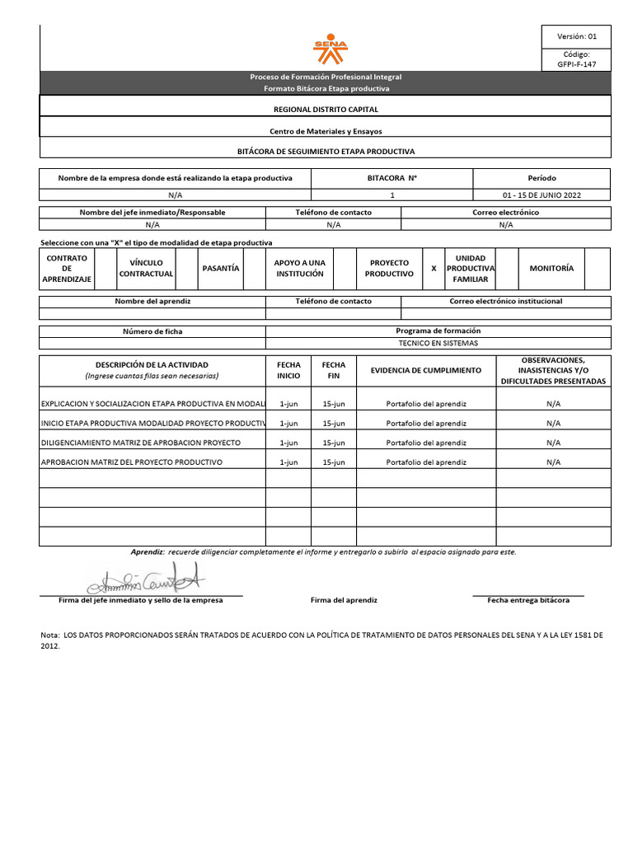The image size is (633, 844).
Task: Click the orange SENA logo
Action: coord(330,49)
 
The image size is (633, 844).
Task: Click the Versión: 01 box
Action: coord(576,36)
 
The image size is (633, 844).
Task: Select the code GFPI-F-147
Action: coord(576,64)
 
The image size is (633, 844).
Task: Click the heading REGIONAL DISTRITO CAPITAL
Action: coord(326,109)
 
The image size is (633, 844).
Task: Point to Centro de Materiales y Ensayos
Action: coord(326,131)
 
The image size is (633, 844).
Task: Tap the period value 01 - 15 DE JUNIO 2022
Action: coord(542,195)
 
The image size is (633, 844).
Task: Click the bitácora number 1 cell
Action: coord(392,195)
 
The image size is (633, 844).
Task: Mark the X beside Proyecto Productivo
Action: coord(434,269)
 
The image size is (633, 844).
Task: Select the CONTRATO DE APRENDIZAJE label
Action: coord(67,269)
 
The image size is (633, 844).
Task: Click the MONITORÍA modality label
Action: coord(551,269)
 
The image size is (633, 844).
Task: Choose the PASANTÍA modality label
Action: coord(220,269)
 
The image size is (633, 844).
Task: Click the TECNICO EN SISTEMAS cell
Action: coord(438,343)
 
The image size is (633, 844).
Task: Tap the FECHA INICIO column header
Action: coord(288,370)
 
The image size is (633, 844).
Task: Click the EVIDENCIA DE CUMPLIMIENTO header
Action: coord(426,370)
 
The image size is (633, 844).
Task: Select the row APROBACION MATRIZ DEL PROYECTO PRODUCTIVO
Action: coord(132,462)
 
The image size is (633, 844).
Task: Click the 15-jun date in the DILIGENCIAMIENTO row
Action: coord(334,443)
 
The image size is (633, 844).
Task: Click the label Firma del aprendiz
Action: coord(344,600)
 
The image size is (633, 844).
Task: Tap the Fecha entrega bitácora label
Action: coord(528,600)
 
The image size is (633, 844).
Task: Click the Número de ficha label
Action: coord(152,331)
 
